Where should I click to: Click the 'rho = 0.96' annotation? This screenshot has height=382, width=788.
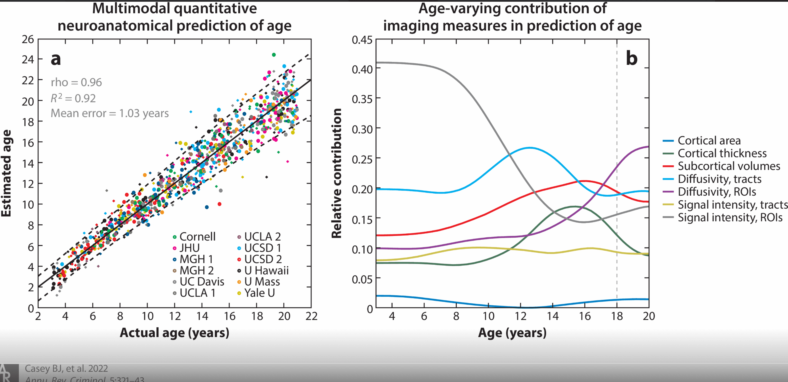pyautogui.click(x=76, y=82)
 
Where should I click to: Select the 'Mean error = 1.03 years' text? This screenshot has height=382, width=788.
pyautogui.click(x=110, y=113)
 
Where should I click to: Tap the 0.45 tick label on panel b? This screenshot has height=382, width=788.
pyautogui.click(x=362, y=40)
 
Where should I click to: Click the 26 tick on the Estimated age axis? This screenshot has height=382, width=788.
pyautogui.click(x=28, y=39)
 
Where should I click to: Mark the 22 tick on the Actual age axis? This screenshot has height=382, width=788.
pyautogui.click(x=311, y=316)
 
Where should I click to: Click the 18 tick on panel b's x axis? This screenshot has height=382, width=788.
pyautogui.click(x=617, y=316)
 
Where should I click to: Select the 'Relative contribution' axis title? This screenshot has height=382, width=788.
pyautogui.click(x=336, y=173)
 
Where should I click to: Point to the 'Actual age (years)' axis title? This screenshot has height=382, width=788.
pyautogui.click(x=174, y=333)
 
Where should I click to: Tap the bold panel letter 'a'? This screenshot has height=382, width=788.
pyautogui.click(x=56, y=59)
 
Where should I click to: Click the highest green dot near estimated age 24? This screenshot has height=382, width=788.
pyautogui.click(x=274, y=55)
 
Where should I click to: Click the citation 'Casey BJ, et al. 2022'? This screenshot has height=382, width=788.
pyautogui.click(x=66, y=368)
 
